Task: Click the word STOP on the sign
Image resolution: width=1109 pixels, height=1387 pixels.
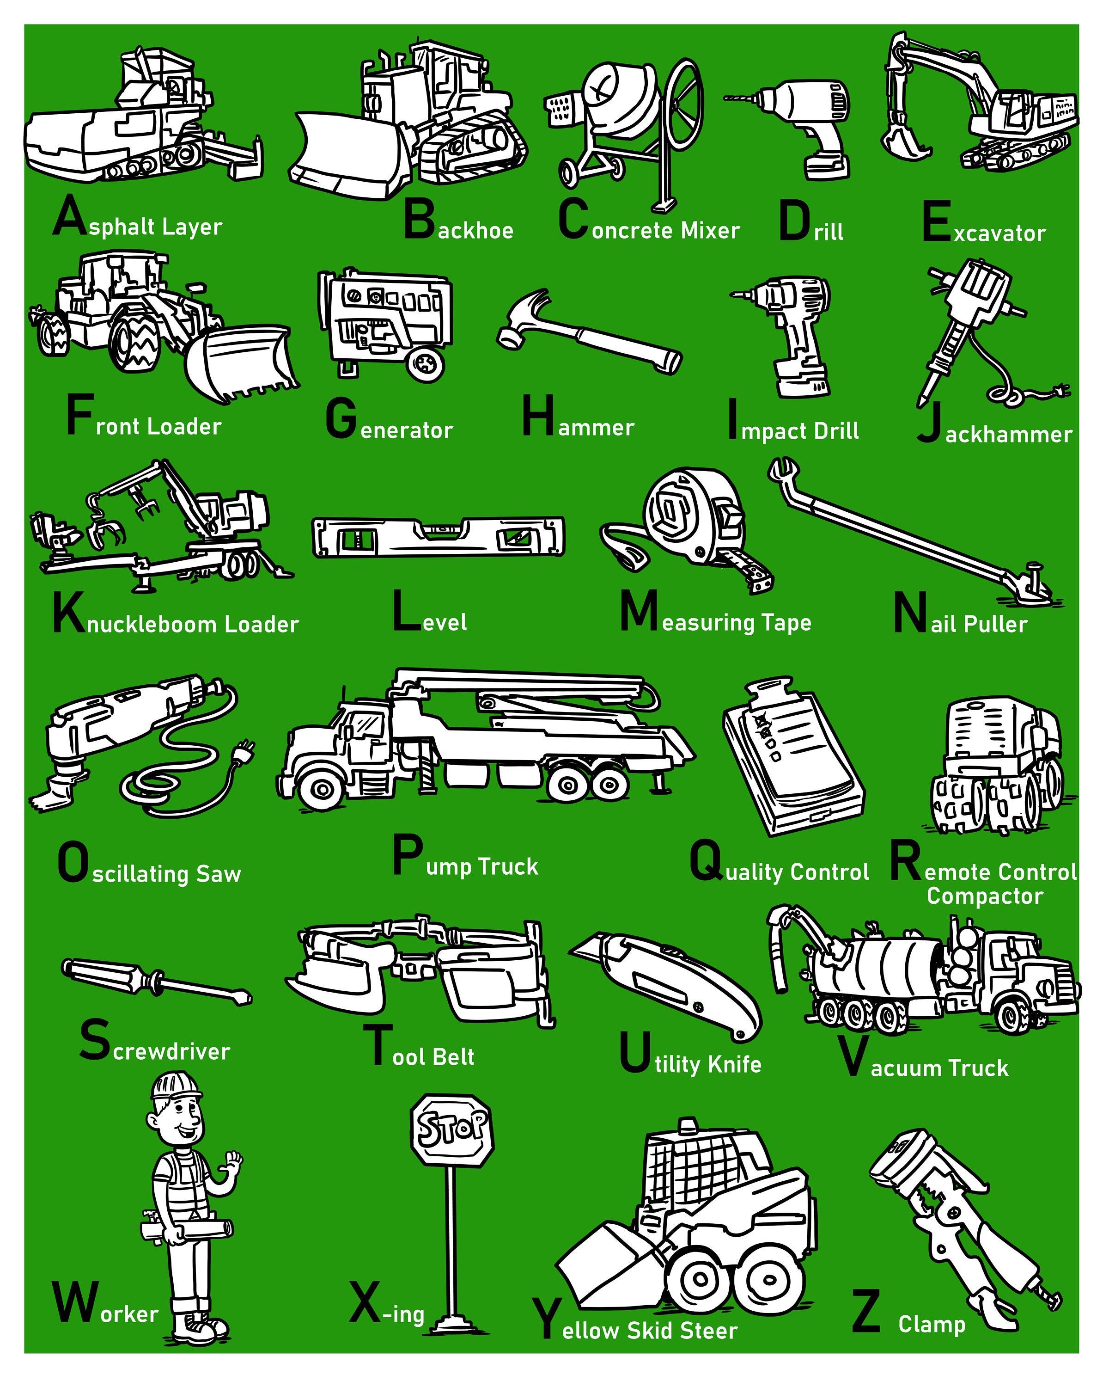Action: tap(451, 1128)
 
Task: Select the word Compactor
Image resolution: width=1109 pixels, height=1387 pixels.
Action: tap(984, 896)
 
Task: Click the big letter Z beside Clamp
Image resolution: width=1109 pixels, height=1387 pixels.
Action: tap(866, 1313)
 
